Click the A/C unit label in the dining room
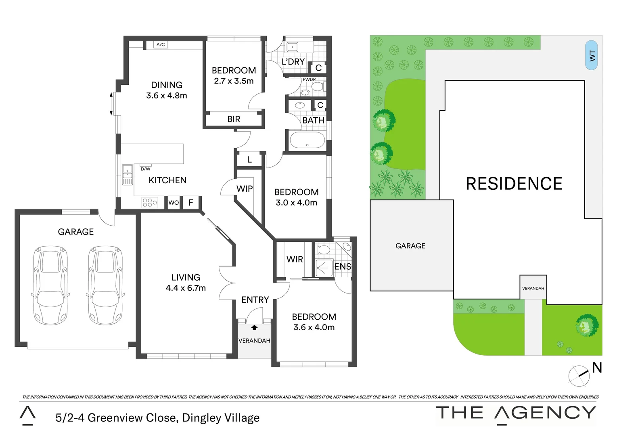point(161,44)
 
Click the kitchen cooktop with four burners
point(150,202)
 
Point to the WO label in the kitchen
point(174,203)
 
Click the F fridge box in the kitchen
point(191,203)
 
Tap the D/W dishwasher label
point(145,169)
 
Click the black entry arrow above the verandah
point(254,327)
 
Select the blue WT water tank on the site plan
point(592,55)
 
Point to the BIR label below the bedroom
point(234,119)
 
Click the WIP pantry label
point(245,189)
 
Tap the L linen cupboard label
point(249,160)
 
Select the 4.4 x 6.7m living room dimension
point(186,288)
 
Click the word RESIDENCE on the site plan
point(514,184)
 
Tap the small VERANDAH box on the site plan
point(533,288)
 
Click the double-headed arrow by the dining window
point(111,104)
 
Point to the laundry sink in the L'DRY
point(292,47)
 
